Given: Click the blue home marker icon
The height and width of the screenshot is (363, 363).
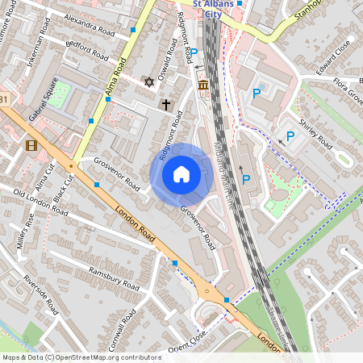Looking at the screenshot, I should (x=181, y=173).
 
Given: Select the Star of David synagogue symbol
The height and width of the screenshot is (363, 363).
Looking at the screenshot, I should (x=148, y=81).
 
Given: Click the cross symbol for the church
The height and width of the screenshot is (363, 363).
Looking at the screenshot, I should (x=166, y=104).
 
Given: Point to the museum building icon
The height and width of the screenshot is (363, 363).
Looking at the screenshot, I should (x=202, y=85).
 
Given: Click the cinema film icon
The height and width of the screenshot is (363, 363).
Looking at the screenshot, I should (x=31, y=145).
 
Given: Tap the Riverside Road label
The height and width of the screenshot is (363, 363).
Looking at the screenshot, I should (x=40, y=294).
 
